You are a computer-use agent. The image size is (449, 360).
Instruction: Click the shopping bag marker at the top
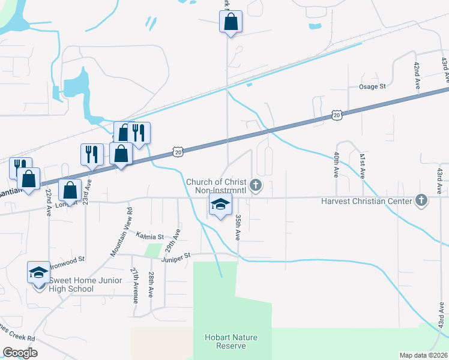231,23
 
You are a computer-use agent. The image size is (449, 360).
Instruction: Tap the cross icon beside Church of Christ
256,185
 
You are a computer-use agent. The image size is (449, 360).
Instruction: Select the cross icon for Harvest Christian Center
421,200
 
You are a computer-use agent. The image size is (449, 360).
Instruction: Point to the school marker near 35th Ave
220,205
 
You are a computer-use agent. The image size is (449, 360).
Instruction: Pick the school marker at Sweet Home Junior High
38,273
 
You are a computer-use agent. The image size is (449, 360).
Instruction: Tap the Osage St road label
372,87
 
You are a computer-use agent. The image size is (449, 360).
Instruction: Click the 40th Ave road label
336,164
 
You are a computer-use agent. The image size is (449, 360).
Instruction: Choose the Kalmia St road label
149,236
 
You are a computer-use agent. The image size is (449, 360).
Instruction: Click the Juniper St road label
175,256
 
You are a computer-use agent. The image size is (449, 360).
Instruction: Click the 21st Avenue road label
134,285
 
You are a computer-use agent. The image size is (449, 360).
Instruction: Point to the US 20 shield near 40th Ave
336,114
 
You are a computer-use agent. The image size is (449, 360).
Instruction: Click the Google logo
20,353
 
